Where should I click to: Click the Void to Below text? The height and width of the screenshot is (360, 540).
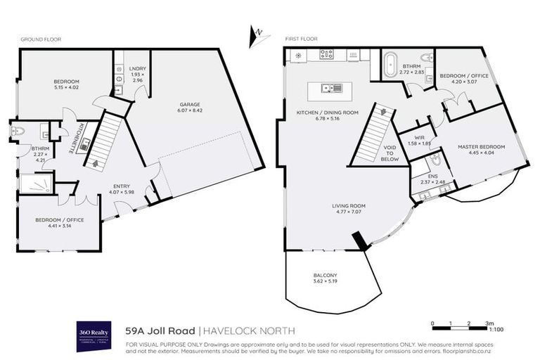pos(390,154)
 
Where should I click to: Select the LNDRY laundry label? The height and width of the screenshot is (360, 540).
pos(137,70)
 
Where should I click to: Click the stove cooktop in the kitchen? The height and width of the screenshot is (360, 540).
pos(327,54)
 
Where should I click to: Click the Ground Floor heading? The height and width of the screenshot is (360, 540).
pos(41,40)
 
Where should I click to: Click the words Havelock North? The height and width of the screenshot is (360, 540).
pos(250,330)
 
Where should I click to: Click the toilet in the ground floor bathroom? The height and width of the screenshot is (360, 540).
pos(19,131)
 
